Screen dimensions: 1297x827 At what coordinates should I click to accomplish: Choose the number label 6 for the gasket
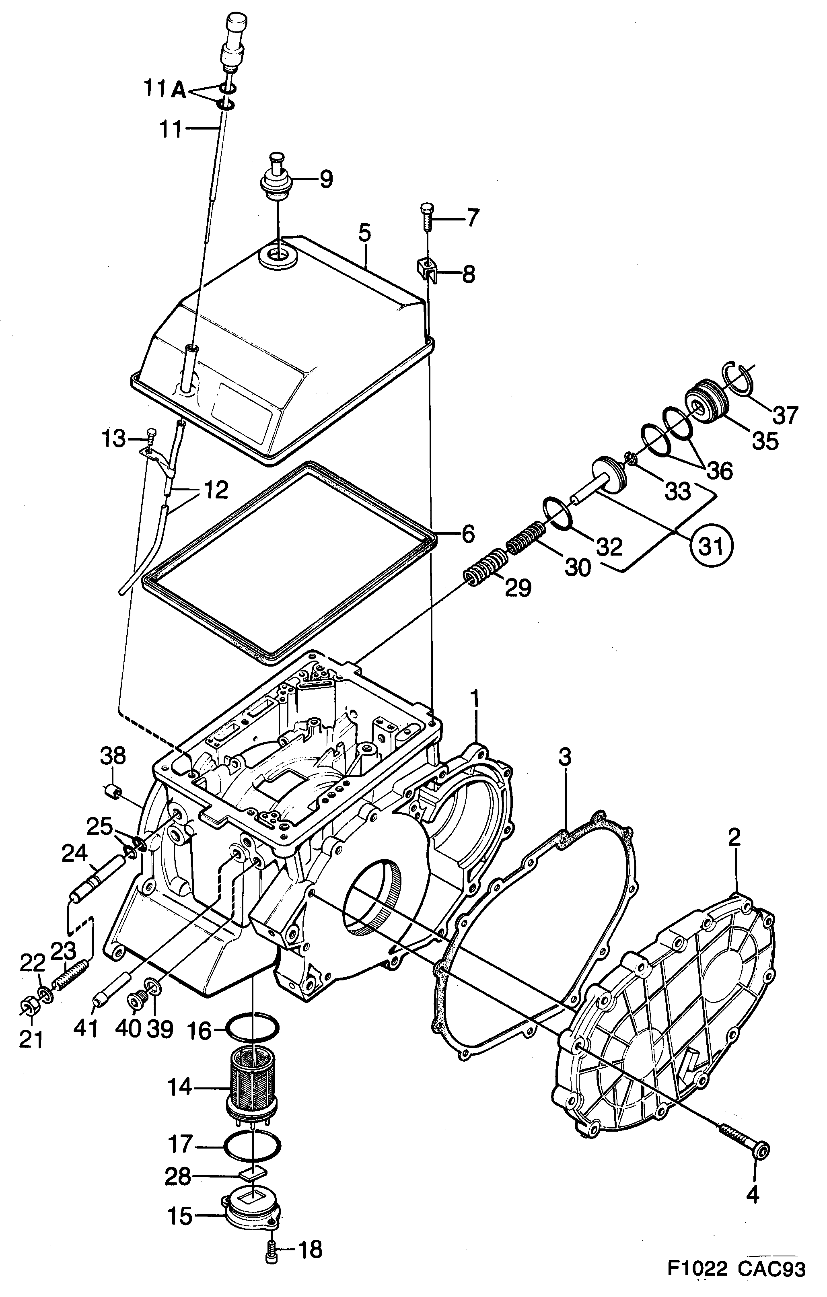tap(468, 534)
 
